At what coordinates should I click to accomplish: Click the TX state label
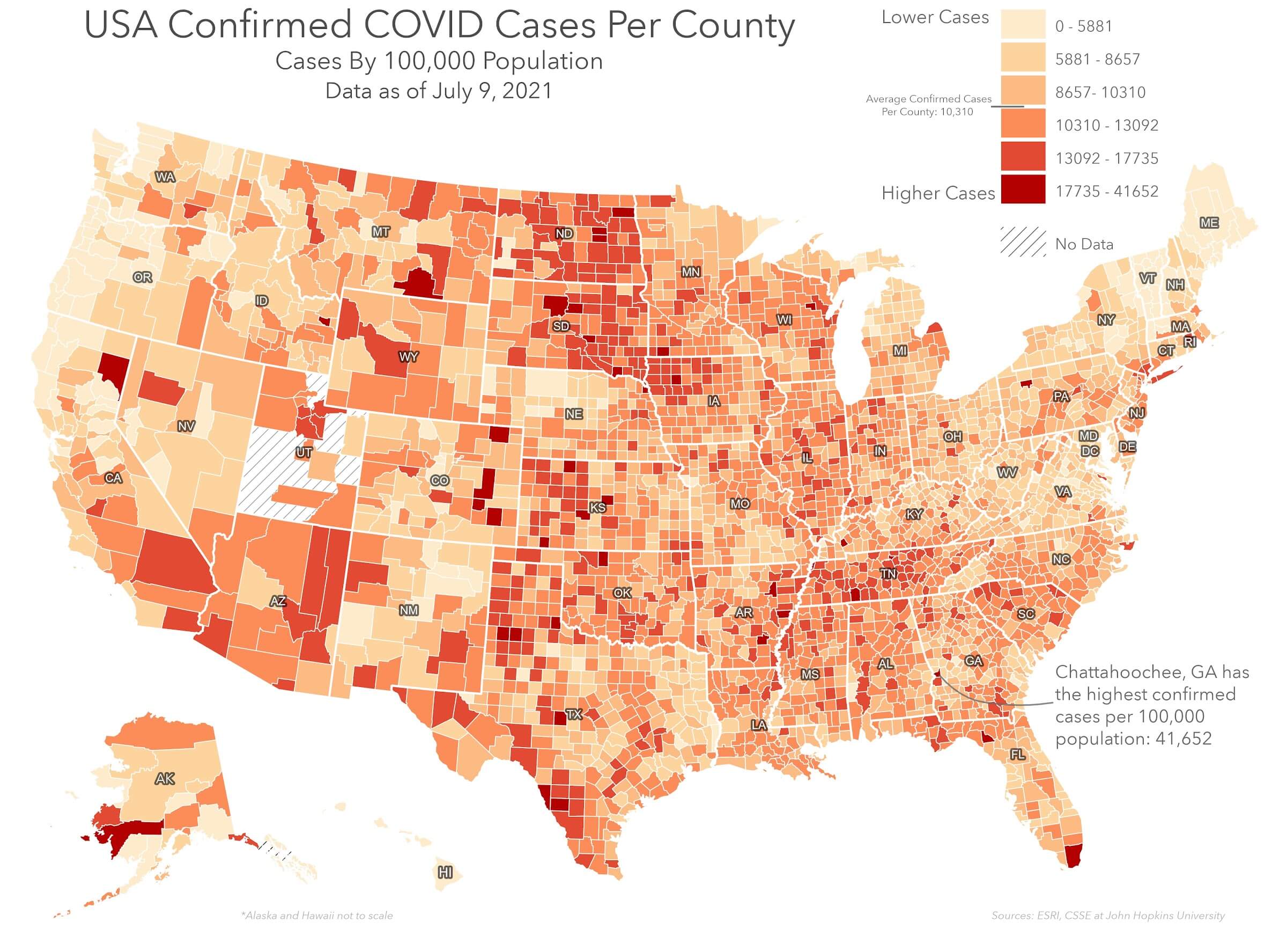point(574,714)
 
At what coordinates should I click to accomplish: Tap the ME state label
point(1209,223)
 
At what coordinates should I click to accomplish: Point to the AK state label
point(165,779)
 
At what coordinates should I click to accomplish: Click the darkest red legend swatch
point(1023,189)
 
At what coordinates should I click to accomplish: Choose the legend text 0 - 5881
point(1083,26)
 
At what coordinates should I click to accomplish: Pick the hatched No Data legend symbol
point(1023,242)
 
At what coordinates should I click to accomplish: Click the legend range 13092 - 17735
point(1106,158)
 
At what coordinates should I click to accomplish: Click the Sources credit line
point(1108,916)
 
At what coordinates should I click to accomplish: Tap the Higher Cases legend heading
point(938,193)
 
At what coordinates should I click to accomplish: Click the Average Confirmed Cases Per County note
point(928,105)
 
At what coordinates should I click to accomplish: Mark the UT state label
point(304,452)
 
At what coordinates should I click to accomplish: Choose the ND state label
point(564,233)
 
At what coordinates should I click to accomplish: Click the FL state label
point(1017,754)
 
